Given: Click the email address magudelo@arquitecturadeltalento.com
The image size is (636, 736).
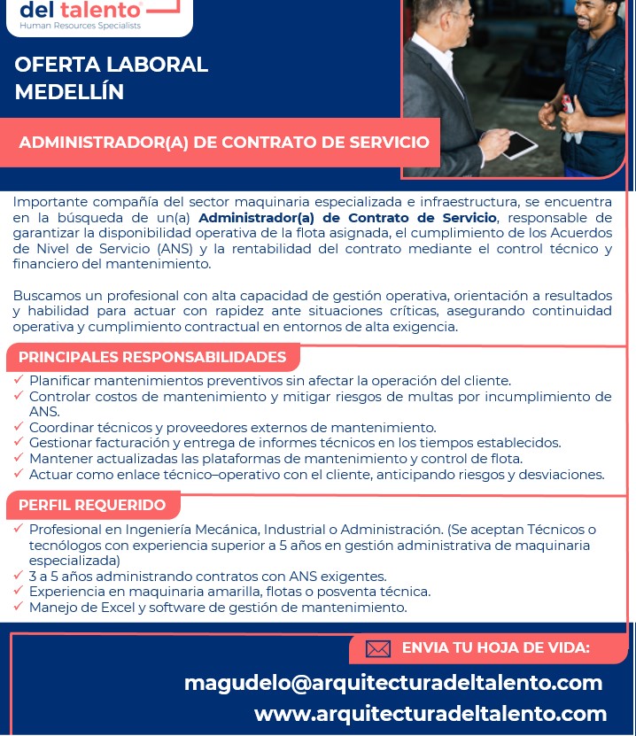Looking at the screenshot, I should coord(393,683).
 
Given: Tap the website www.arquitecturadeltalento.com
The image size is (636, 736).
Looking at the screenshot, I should coord(430,714).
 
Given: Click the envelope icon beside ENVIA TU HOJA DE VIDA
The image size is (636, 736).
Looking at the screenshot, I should coord(378,649).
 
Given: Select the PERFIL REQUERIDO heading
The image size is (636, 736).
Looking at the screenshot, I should coord(92,505).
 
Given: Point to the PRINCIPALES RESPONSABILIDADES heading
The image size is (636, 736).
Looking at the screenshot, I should coord(152,357).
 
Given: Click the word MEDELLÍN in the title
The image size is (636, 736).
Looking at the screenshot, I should coord(69,91).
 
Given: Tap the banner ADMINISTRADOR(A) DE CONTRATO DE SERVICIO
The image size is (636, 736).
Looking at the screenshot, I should coord(224,142).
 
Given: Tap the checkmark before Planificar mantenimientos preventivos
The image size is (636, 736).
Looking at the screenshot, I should coord(19,380).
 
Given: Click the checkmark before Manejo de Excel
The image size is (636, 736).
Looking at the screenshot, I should coord(19,607).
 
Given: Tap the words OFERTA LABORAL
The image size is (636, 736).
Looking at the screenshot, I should coord(112,65).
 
